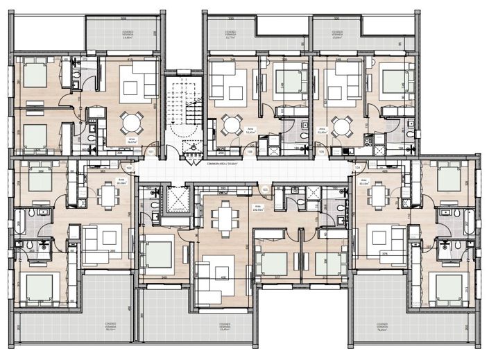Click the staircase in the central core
pos(184,111)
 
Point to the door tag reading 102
pos(129,167)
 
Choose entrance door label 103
pos(265,189)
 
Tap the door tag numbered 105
pos(321,151)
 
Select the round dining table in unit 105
pos(340,126)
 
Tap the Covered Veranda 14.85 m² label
pos(126,37)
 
